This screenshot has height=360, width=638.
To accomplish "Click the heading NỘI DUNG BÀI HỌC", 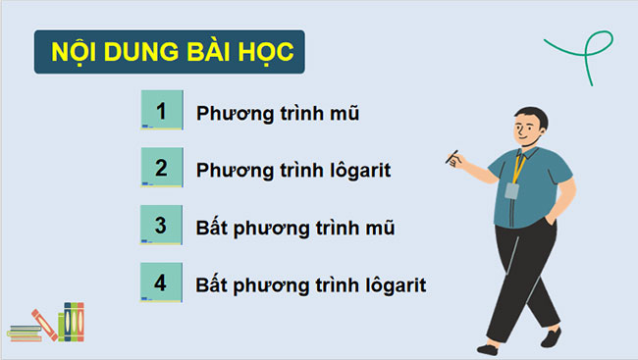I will coord(169,54).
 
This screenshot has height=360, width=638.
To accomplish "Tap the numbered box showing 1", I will coord(162,111).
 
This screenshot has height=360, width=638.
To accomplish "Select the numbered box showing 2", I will coord(162,168).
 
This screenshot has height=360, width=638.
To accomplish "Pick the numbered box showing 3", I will coord(162,226).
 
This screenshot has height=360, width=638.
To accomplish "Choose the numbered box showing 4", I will coord(162,283).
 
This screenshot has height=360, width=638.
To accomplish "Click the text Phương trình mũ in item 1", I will coord(278,113).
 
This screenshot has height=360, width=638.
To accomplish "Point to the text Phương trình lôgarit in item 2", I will coord(293,170).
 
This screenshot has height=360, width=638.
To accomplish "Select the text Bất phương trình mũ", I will coord(295,228).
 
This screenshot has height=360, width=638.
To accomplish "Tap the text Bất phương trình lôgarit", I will coord(311,285).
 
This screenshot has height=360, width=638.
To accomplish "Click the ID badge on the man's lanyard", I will coord(511,189).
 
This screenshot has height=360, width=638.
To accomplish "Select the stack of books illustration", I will coord(46,323).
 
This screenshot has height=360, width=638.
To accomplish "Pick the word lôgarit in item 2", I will coord(359,170).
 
